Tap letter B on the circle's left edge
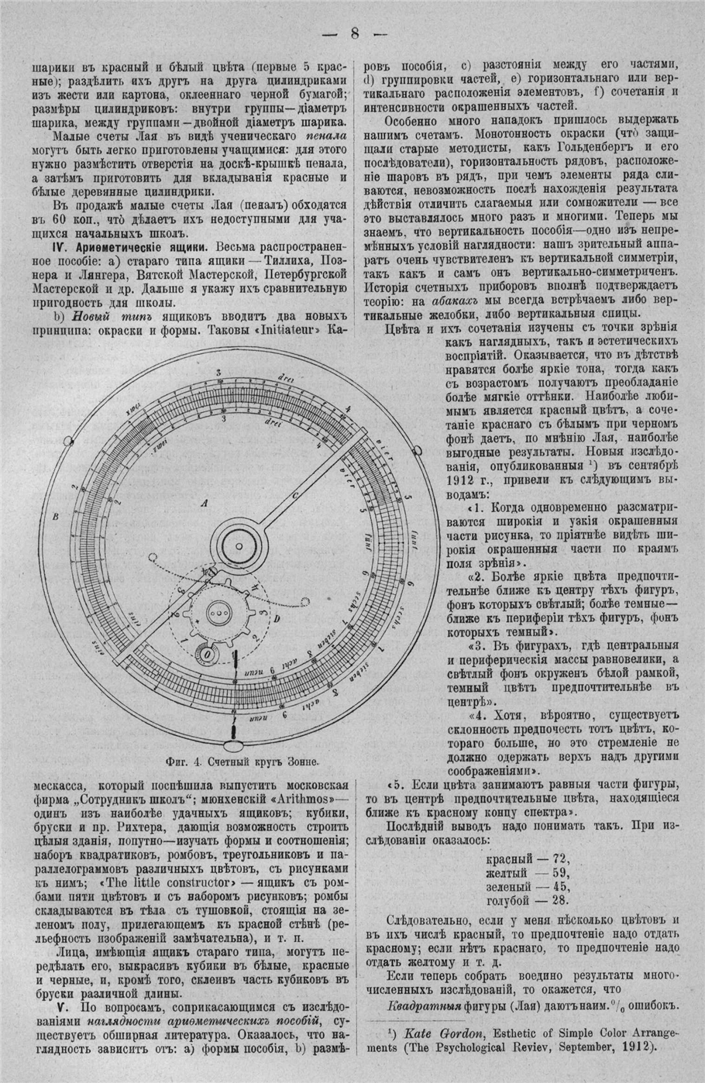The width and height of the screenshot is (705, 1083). pyautogui.click(x=56, y=516)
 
